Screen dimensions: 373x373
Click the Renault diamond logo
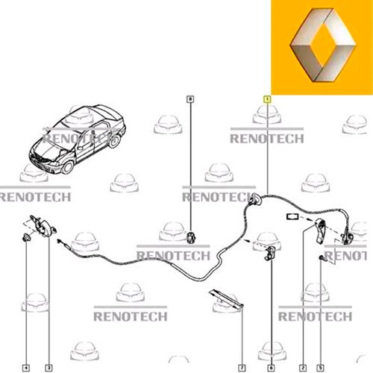point(323,45)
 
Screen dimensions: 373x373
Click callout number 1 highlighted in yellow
point(267,99)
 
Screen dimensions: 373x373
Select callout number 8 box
point(190,99)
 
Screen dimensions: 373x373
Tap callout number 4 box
point(26,368)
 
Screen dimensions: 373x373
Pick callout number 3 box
point(48,368)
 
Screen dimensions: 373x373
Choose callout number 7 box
point(242,368)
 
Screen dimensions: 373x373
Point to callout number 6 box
point(271,368)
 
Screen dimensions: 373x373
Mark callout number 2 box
point(303,368)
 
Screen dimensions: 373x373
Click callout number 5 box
point(320,368)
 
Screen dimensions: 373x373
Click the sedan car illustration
point(77,139)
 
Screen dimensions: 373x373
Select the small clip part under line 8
point(191,238)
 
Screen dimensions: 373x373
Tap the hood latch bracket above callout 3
point(43,226)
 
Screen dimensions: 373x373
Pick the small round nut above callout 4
point(26,238)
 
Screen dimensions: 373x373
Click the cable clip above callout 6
point(270,253)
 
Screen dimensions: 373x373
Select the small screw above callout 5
point(322,258)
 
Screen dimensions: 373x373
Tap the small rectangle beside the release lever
point(292,216)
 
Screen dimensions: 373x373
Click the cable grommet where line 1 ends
point(255,200)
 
